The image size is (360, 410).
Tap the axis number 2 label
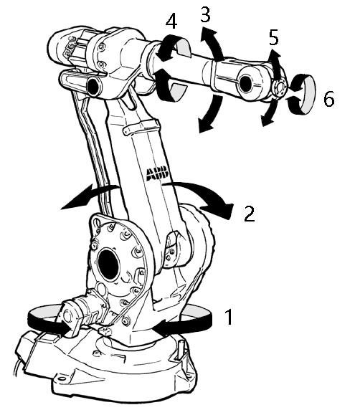point(250,214)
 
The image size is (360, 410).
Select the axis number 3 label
point(205,14)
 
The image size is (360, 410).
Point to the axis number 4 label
point(171,22)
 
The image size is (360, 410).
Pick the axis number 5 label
point(274,37)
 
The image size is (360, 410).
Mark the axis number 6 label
point(329,99)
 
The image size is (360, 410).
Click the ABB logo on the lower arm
point(157,173)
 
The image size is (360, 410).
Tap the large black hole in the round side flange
point(108,264)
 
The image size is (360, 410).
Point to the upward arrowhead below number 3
point(209,35)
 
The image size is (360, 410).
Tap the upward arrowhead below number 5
point(274,55)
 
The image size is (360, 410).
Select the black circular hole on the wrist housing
point(246,82)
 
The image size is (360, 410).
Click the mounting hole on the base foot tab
point(62,378)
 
